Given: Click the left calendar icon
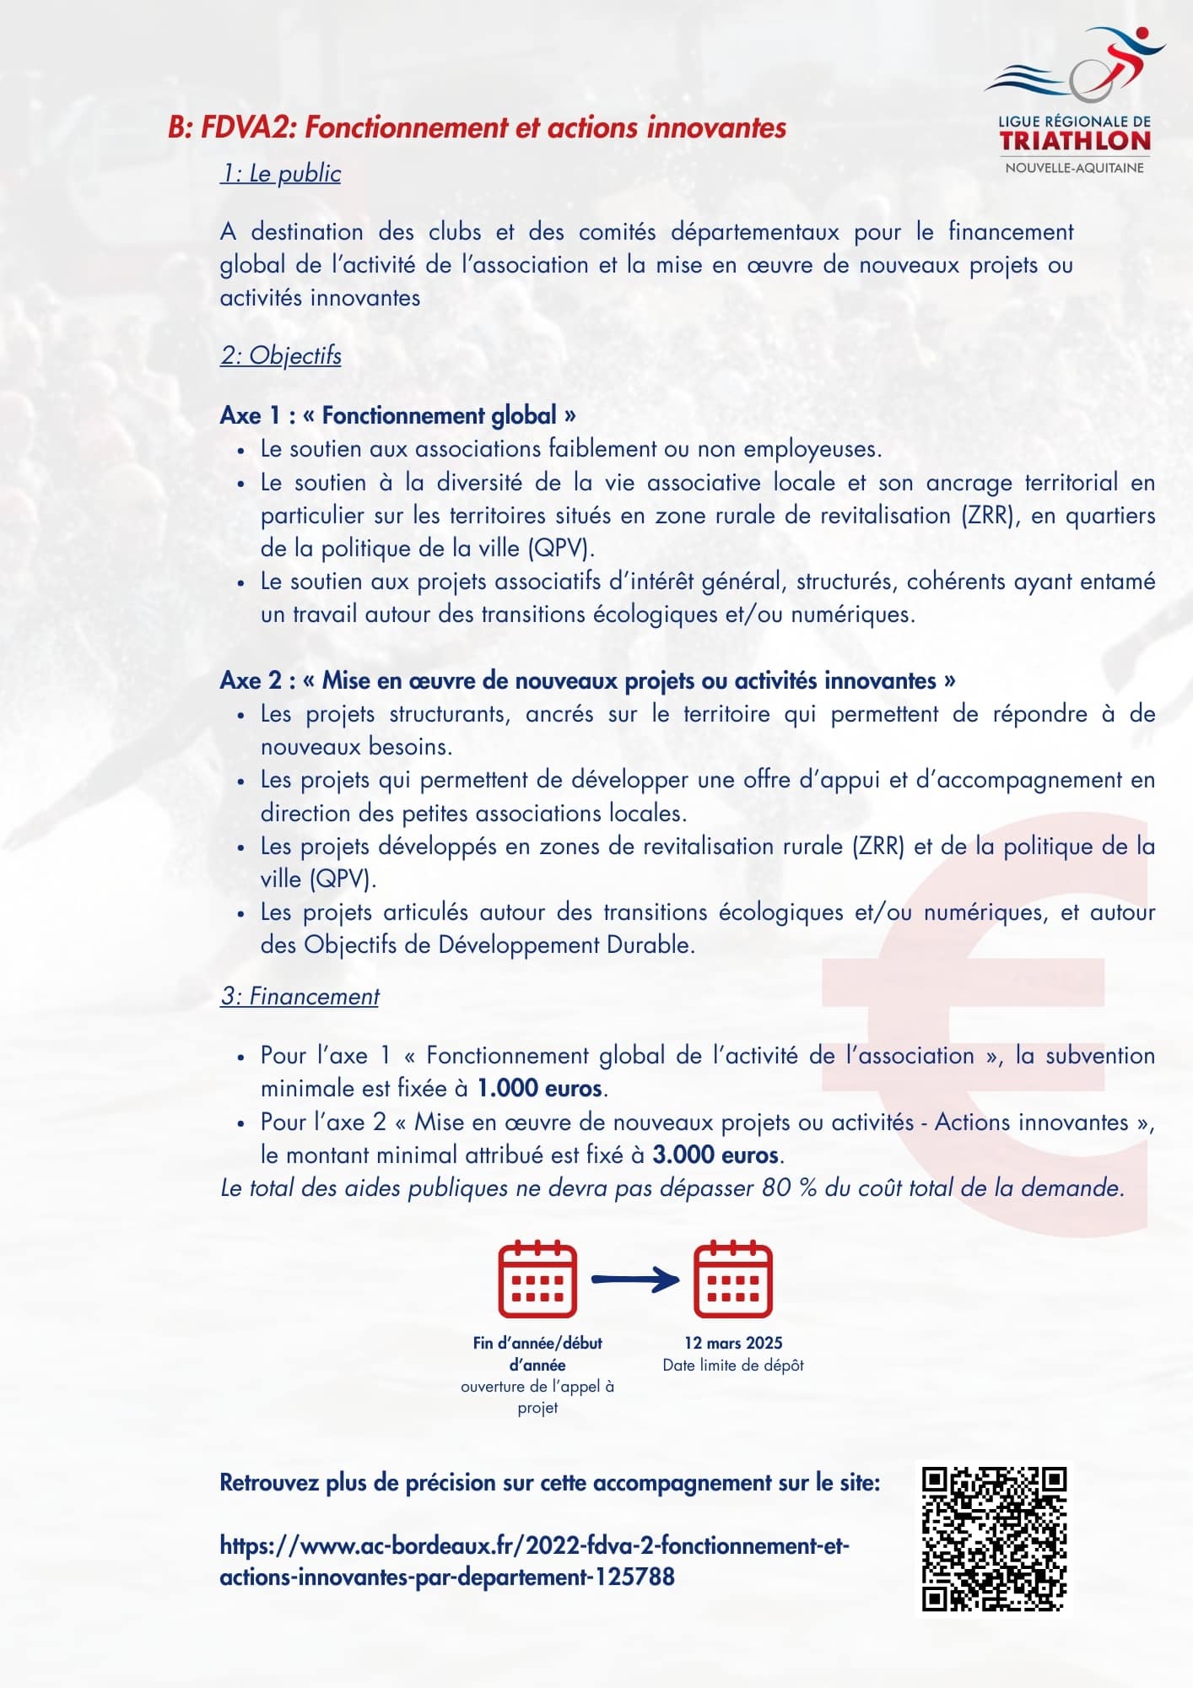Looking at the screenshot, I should coord(537,1280).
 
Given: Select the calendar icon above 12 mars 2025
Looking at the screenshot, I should coord(732,1280).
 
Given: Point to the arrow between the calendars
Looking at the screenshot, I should coord(634,1280).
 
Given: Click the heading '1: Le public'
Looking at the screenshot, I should coord(281,174).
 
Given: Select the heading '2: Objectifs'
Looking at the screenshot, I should coord(281,355).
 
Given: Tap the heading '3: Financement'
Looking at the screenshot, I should coord(300,997).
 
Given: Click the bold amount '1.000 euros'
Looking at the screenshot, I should coord(539,1089).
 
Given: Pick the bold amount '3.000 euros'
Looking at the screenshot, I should coord(715,1155).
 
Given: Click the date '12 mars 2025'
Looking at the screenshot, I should coord(733,1343).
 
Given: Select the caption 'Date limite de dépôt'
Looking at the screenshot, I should coord(733,1366).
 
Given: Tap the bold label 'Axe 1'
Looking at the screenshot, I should coord(250,415).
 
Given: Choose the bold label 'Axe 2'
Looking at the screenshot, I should coord(250,680).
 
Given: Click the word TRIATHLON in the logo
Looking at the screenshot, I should coord(1075,141).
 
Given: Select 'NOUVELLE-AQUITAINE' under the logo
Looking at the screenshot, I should coord(1075,168).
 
